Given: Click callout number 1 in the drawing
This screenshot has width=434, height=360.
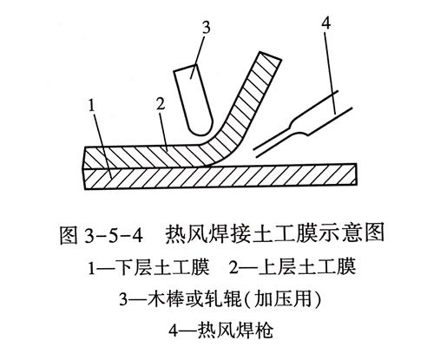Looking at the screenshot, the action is pos(92,106).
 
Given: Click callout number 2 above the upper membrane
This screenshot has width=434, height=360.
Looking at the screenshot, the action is pos(161,104).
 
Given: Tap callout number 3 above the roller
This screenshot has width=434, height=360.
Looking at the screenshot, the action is pos(206,29).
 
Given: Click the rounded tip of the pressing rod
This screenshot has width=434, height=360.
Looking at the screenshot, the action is pos(201,131).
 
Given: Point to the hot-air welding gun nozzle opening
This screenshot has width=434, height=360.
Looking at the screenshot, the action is pos(255,154).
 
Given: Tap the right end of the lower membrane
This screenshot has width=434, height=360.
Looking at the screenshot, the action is pos(356,173).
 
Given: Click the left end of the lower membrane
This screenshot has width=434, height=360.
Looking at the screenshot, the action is pos(84,179).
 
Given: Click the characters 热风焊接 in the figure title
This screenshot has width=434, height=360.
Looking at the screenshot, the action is pos(202,235).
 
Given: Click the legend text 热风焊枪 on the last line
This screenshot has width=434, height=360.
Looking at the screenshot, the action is pos(235,331).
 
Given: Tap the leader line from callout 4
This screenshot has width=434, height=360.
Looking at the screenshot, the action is pos(330,71).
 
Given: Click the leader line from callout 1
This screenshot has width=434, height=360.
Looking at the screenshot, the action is pos(102,145).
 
